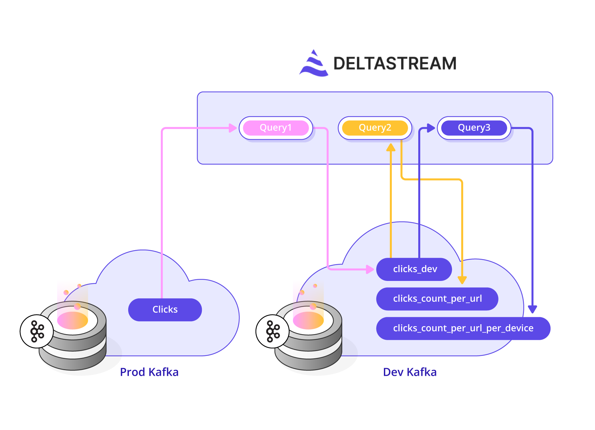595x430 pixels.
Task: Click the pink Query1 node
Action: point(276,128)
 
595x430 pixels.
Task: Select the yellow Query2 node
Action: point(375,128)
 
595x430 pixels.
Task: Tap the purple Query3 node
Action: point(474,128)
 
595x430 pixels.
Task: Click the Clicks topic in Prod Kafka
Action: point(165,310)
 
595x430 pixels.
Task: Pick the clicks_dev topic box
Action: point(414,269)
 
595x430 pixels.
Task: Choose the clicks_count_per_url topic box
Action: point(437,299)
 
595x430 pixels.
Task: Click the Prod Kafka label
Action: point(149,372)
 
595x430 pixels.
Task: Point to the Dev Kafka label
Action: point(410,372)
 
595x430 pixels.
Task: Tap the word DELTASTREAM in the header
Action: point(395,63)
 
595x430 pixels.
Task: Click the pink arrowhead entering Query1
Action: point(233,128)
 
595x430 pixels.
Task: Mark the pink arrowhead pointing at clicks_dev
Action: point(370,269)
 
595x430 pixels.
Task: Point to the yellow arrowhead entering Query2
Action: point(391,147)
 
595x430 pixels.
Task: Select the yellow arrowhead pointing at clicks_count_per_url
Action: point(462,280)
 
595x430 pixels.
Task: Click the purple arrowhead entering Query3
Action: point(431,128)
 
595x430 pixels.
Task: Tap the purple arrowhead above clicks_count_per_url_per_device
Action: point(532,309)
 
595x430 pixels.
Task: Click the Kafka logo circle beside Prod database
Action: point(37,331)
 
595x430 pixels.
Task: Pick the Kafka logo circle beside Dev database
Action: point(273,331)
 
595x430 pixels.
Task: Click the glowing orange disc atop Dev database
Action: point(308,321)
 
